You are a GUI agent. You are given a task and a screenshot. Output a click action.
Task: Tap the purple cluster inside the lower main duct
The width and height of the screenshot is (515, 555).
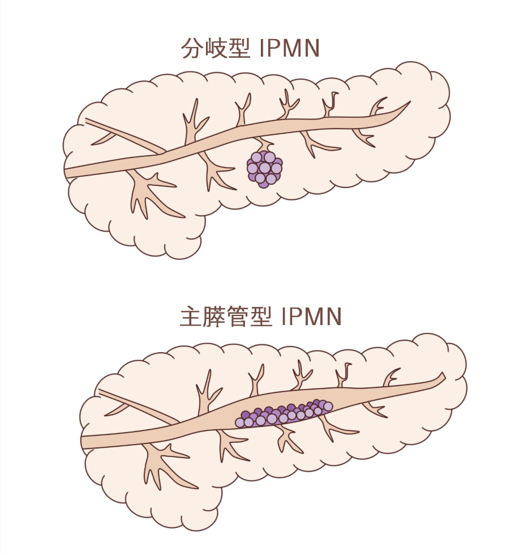point(284,413)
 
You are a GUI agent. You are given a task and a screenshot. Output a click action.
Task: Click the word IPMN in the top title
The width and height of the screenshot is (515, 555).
point(290,48)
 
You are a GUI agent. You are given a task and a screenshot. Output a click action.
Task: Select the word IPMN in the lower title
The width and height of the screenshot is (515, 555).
point(311,317)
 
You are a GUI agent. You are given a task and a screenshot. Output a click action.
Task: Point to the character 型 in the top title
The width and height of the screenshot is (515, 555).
point(239,48)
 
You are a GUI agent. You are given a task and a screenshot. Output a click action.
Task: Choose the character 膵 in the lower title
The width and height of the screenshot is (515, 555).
point(214,317)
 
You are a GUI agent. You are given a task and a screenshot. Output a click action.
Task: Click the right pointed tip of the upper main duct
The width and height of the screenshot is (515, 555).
point(410,102)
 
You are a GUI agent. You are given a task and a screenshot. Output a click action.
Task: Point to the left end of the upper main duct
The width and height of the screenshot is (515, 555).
point(66,173)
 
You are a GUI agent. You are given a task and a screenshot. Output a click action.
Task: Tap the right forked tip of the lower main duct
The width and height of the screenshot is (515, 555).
point(443,376)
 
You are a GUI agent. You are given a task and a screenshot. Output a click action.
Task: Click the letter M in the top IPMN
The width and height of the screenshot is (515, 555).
point(290,48)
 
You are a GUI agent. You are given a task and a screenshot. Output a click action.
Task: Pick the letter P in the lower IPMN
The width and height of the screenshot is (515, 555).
point(295,317)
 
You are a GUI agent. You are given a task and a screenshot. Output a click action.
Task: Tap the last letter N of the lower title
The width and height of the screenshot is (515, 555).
point(333,317)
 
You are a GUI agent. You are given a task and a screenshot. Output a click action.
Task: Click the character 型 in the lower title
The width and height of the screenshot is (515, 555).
point(261,317)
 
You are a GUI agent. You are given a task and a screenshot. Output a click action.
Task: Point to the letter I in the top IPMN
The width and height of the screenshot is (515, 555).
point(261,48)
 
